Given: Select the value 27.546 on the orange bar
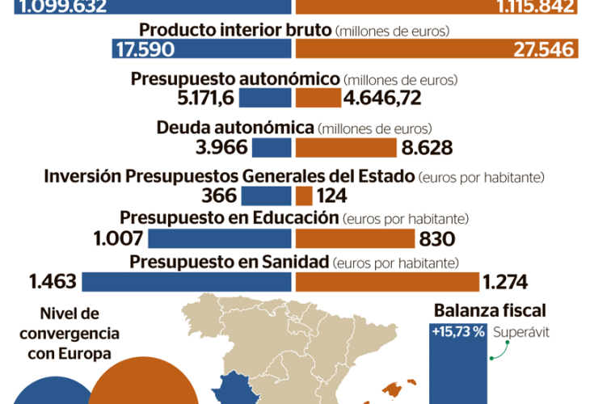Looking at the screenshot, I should (544, 49).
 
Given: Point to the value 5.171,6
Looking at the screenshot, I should (204, 99).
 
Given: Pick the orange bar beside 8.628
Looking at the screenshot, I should (345, 147).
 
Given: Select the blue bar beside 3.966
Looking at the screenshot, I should (272, 147).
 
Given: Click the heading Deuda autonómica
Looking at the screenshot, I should (234, 128).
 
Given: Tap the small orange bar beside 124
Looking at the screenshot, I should (304, 196).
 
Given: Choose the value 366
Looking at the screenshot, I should (221, 196).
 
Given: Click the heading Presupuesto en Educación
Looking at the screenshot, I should (229, 217).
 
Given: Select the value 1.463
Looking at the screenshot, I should (53, 281).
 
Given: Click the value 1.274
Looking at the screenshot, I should (504, 281).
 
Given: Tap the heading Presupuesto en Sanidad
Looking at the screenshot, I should (229, 262).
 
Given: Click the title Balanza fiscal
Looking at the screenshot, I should (490, 310).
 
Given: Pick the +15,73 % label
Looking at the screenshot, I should (457, 332).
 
